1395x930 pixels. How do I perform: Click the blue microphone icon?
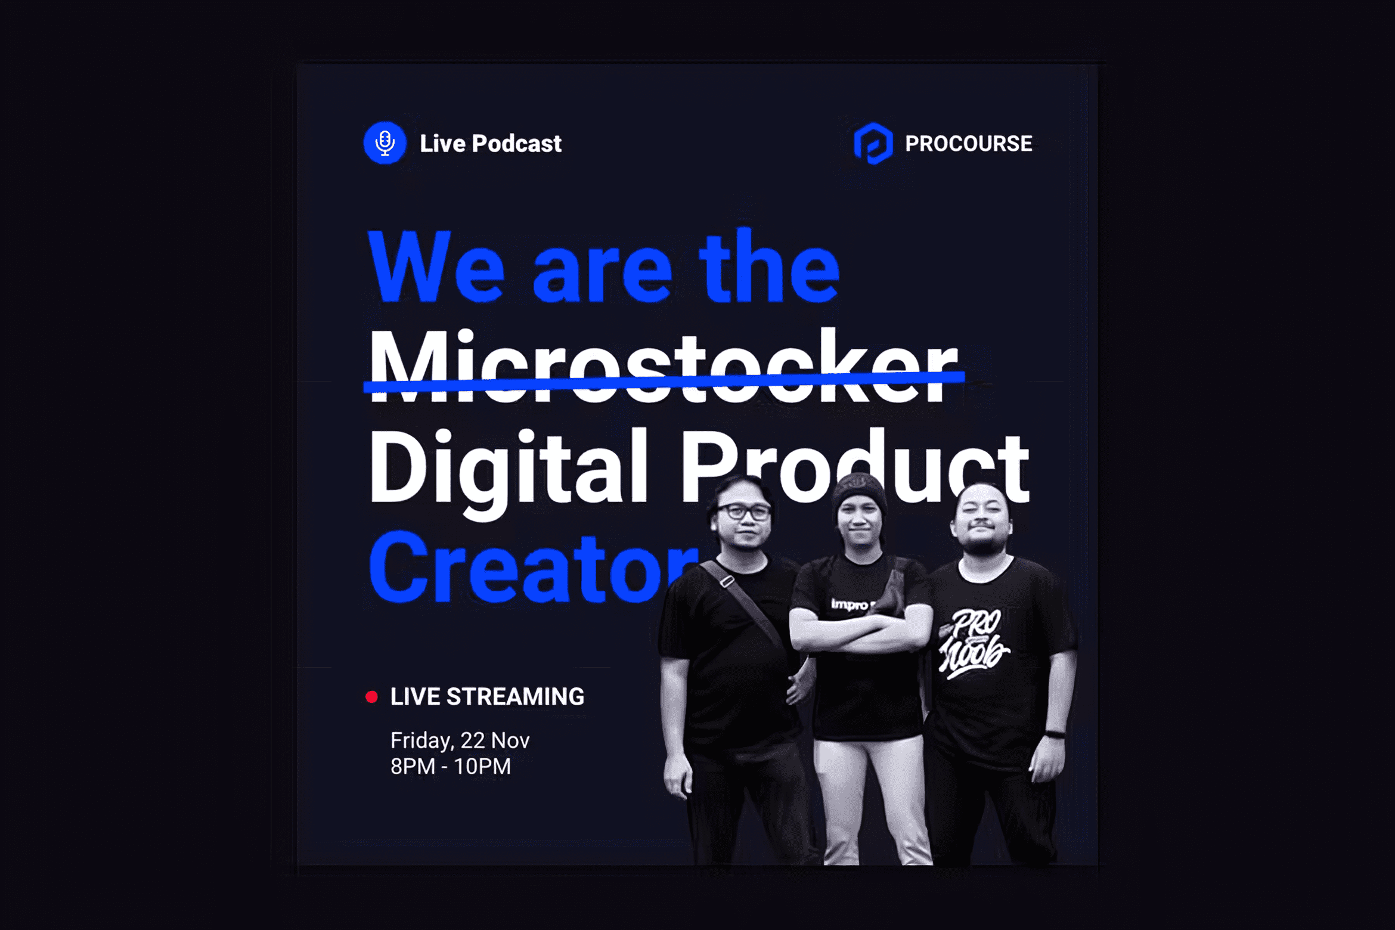[x=385, y=143]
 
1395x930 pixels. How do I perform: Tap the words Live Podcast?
[x=491, y=144]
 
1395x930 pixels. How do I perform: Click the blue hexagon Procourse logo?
[x=873, y=143]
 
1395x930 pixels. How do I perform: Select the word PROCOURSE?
[x=969, y=144]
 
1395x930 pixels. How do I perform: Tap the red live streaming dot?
[x=371, y=697]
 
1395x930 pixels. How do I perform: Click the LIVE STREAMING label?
[x=487, y=696]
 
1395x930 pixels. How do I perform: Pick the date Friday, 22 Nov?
[x=460, y=741]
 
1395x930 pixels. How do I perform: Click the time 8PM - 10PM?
[x=451, y=767]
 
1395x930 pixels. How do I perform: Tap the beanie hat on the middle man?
[x=859, y=491]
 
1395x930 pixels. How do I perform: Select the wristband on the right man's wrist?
[x=1055, y=734]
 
